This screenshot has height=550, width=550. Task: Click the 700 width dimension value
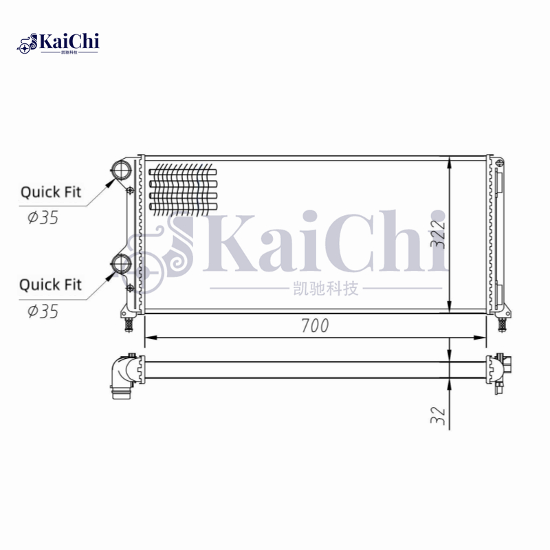click(315, 326)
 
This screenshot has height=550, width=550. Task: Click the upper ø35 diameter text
click(43, 218)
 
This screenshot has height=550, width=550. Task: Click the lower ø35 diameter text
click(43, 311)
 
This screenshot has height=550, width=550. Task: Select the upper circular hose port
click(122, 170)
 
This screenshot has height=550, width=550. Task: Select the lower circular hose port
click(122, 263)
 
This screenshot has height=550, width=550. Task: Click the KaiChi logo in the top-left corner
click(58, 43)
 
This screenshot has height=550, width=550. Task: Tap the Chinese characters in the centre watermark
click(321, 289)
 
